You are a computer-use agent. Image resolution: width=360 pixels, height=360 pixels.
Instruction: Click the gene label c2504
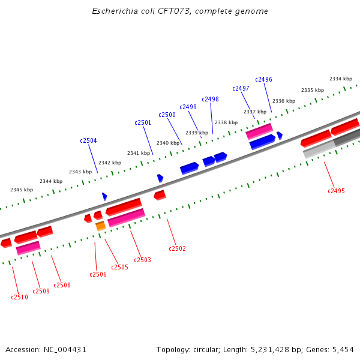point(88,140)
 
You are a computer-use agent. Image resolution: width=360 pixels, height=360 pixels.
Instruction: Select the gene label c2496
point(263,79)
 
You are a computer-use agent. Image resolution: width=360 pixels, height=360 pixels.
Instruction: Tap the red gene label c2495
point(336,191)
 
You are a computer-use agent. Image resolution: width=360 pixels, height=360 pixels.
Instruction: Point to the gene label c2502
point(177,248)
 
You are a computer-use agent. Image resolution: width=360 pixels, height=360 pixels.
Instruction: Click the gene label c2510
point(19,297)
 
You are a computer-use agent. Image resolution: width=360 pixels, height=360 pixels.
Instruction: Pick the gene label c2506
point(98,274)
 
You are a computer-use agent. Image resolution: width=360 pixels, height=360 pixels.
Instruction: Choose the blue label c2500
point(167,115)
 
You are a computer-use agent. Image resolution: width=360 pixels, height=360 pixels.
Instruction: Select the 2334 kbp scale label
point(340,79)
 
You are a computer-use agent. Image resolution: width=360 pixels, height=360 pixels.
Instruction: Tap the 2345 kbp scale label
point(21,190)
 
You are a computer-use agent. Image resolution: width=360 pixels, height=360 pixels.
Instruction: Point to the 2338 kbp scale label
point(226,122)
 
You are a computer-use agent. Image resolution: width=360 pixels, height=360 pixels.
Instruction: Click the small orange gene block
point(100,226)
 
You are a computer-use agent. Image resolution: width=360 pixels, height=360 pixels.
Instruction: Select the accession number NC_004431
point(65,349)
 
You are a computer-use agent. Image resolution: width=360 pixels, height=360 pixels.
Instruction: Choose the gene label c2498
point(210,99)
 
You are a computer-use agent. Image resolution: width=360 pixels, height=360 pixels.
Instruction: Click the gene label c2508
point(62,285)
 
